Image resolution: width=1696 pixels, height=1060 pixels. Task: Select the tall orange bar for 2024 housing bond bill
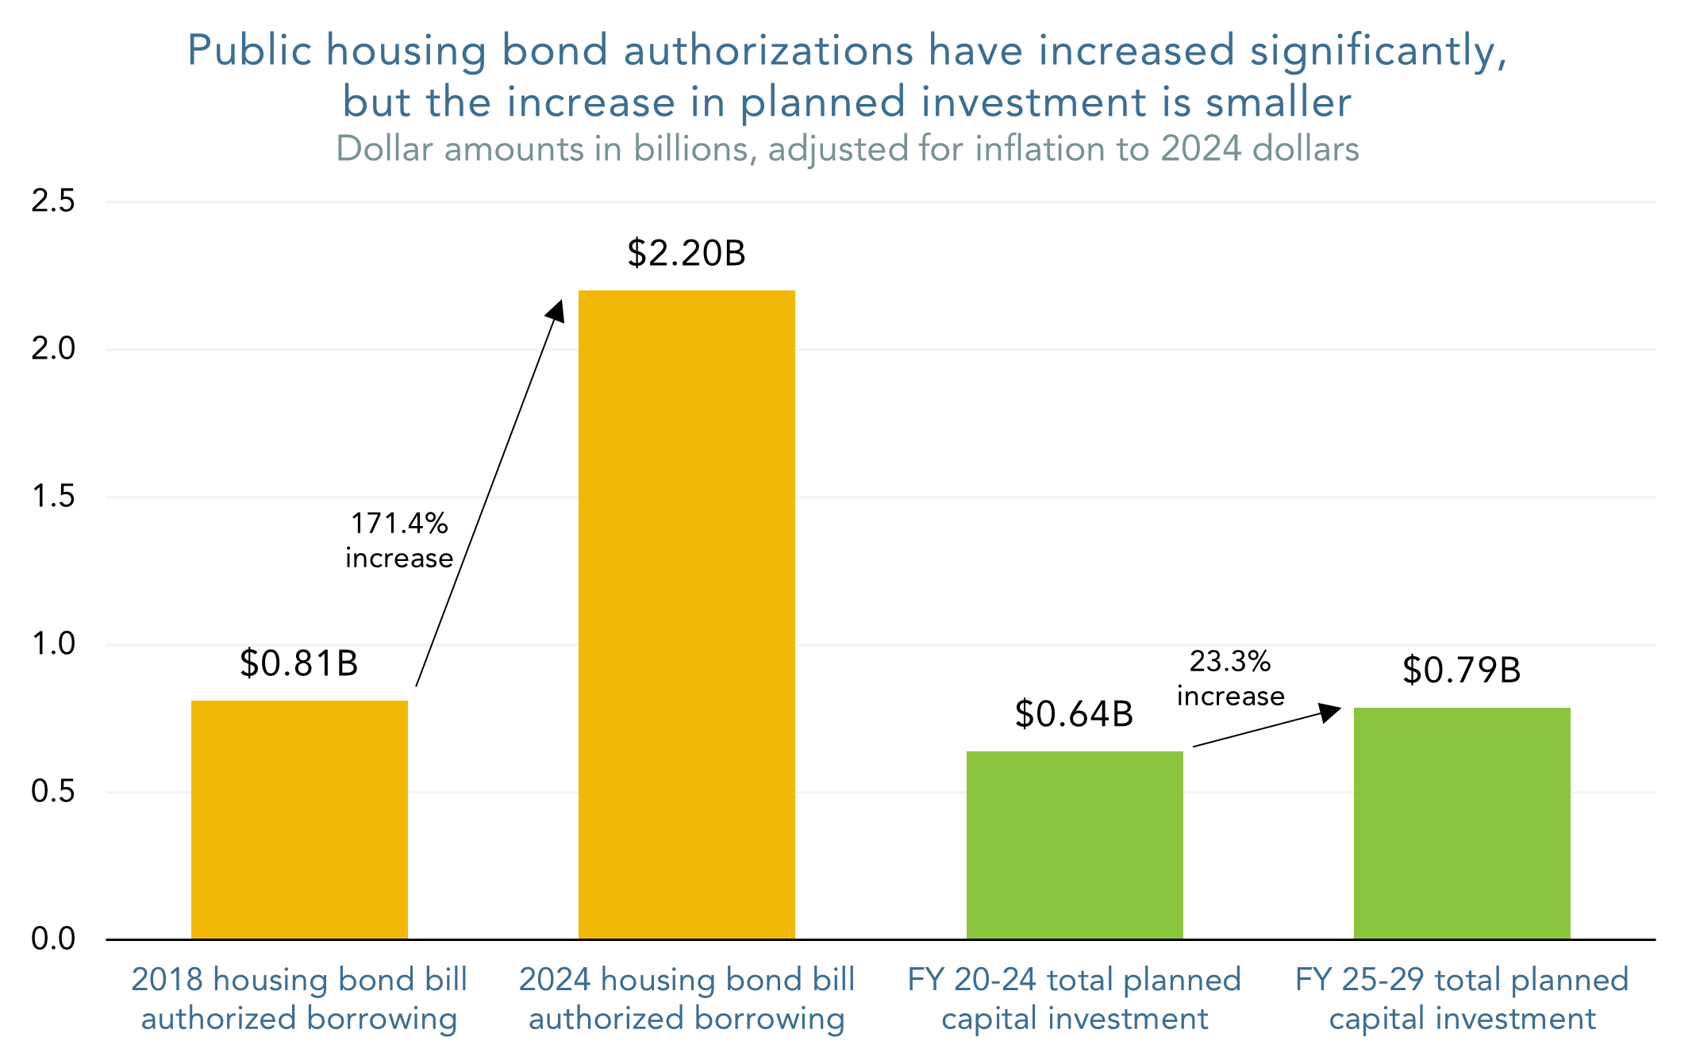coord(686,615)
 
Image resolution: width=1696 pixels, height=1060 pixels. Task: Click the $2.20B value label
coord(686,253)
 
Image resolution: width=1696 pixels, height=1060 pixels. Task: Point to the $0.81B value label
coord(299,663)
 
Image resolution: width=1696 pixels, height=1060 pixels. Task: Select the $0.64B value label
coord(1074,714)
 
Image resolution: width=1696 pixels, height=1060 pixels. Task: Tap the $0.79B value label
coord(1461,670)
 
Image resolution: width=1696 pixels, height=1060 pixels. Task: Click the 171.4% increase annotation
coord(399,540)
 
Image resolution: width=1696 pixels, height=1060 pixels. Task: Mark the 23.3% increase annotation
coord(1230,678)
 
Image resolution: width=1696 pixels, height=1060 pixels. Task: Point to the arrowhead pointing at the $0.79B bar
coord(1330,712)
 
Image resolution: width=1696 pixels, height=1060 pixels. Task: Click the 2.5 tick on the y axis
coord(53,202)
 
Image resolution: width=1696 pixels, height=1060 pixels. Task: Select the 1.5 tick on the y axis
coord(53,497)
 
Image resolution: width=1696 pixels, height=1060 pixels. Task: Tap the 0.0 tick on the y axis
coord(53,939)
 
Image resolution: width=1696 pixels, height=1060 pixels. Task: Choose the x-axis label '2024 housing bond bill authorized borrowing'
coord(686,999)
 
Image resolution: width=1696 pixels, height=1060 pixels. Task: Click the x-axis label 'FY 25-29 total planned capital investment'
coord(1461,999)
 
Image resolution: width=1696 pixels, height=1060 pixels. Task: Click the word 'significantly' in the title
coord(1378,51)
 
